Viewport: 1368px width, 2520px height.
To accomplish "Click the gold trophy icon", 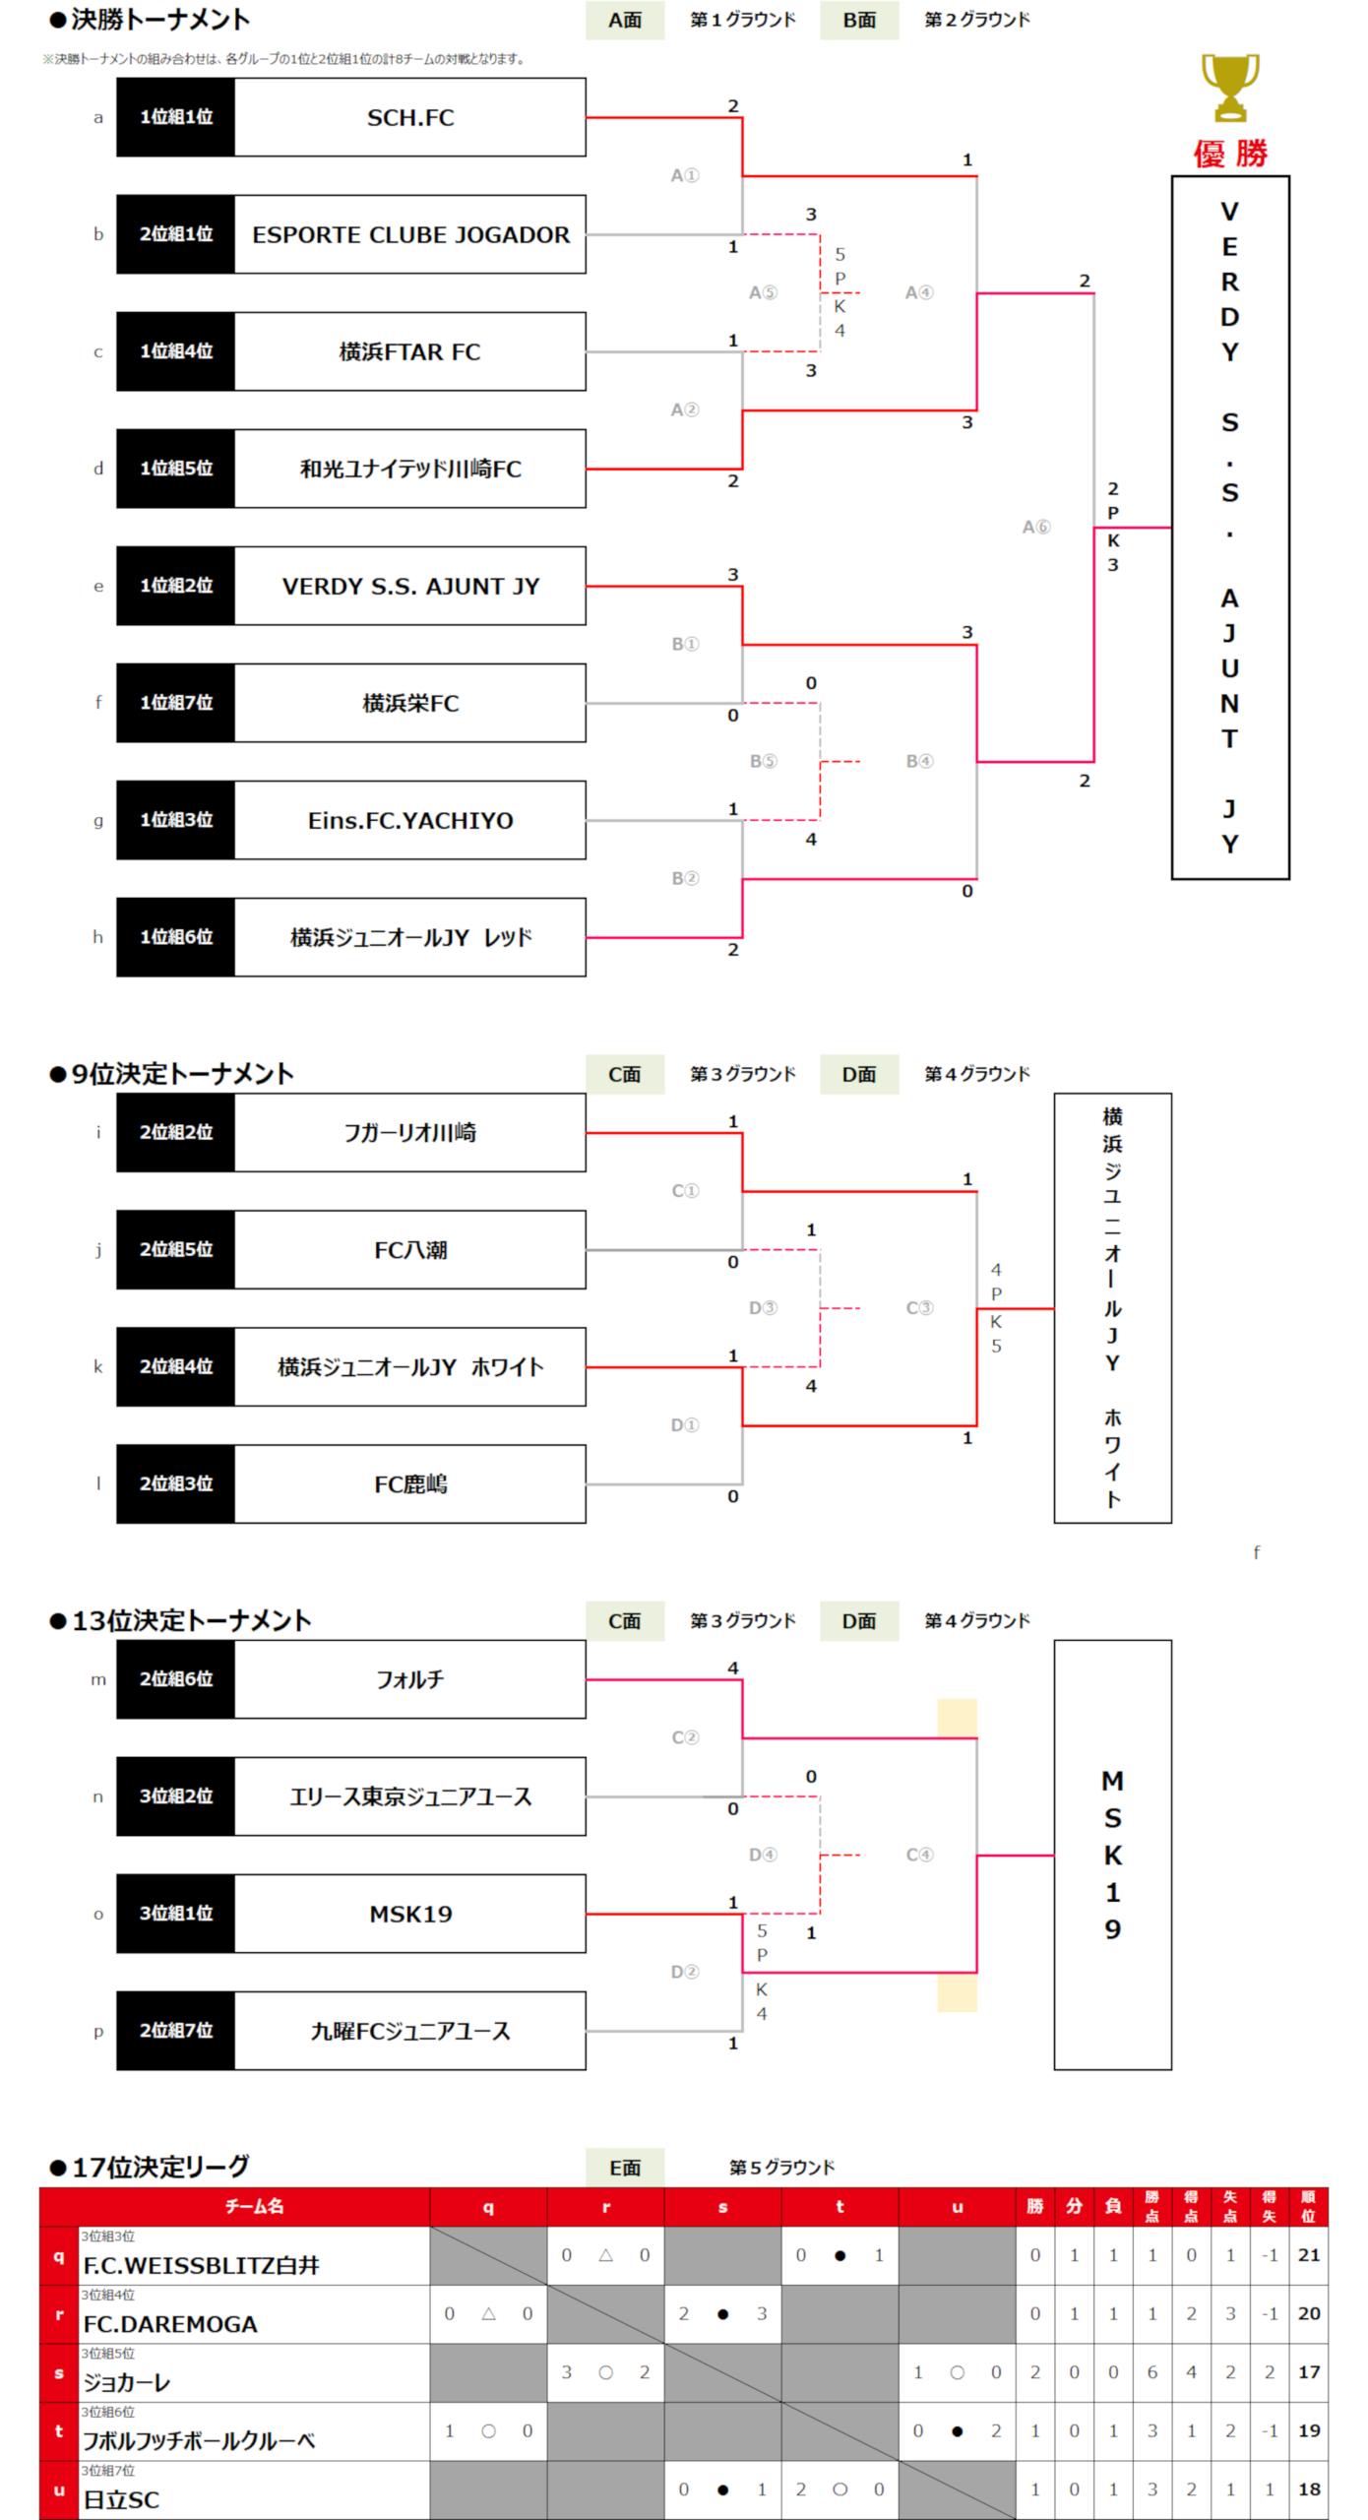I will point(1229,89).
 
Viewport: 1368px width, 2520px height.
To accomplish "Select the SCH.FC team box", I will point(409,117).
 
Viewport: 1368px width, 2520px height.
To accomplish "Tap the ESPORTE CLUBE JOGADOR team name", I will point(409,234).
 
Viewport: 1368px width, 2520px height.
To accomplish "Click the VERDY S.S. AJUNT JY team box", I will point(409,586).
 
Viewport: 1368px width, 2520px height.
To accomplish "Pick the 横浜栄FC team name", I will point(409,703).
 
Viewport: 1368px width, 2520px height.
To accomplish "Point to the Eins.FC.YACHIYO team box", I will point(409,820).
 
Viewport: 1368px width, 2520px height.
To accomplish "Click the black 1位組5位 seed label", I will point(176,469).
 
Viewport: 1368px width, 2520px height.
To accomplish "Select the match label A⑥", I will point(1035,528).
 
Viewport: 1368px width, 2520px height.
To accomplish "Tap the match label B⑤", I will point(763,761).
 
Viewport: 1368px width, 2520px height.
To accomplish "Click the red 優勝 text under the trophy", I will point(1230,154).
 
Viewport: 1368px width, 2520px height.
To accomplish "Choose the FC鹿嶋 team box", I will point(409,1483).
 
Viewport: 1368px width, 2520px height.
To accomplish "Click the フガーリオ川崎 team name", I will point(409,1132).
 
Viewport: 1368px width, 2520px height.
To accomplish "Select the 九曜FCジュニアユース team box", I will point(409,2031).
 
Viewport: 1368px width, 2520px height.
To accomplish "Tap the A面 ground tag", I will point(624,20).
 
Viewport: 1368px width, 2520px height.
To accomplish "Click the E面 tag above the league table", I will point(624,2168).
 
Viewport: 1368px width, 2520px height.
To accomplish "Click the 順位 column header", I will point(1308,2207).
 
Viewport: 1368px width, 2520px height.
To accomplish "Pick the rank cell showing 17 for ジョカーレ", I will point(1308,2372).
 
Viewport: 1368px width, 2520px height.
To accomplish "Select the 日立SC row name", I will point(121,2499).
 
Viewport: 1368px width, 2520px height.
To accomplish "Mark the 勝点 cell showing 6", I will point(1151,2372).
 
